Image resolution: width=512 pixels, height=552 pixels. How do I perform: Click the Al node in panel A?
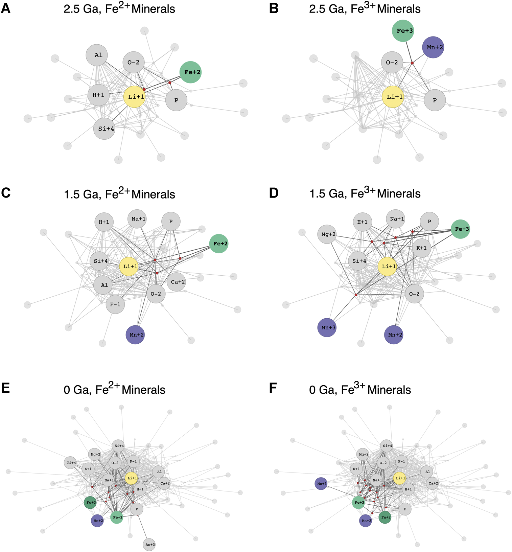click(98, 55)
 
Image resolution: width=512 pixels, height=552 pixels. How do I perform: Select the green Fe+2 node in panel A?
click(191, 72)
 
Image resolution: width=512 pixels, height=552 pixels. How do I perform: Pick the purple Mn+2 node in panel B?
click(433, 47)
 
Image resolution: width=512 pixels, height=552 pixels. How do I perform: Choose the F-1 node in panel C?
click(115, 304)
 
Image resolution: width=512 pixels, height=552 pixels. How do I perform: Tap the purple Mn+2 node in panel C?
click(135, 335)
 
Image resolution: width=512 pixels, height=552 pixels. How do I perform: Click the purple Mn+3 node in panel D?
click(327, 327)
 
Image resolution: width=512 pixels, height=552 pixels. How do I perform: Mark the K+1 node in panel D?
click(422, 248)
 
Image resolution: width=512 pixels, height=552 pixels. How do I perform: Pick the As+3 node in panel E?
click(149, 544)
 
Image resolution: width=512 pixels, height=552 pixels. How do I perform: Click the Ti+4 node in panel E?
click(71, 463)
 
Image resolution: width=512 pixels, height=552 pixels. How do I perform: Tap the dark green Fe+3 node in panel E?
click(91, 503)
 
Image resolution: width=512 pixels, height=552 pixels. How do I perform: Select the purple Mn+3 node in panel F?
click(321, 484)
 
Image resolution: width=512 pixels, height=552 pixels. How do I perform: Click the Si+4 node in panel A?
click(104, 129)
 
